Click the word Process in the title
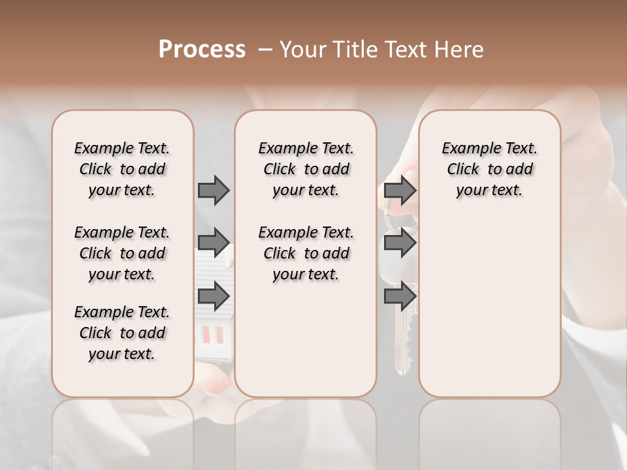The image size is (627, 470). click(x=202, y=50)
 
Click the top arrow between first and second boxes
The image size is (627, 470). click(x=214, y=190)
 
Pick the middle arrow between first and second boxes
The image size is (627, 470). click(x=214, y=243)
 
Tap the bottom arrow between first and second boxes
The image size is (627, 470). click(x=214, y=297)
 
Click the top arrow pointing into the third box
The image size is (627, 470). click(x=400, y=190)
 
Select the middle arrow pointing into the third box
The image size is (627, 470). click(x=400, y=243)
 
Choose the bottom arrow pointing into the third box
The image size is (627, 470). click(x=400, y=296)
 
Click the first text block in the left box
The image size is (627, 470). click(x=122, y=169)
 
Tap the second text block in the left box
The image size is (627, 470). click(x=122, y=253)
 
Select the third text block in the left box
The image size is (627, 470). click(x=122, y=333)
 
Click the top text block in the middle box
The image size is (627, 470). click(x=306, y=169)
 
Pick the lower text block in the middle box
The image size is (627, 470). click(x=306, y=253)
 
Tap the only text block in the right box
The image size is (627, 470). click(x=489, y=169)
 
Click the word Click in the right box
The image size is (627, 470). click(x=463, y=170)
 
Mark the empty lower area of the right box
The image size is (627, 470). click(x=489, y=300)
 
